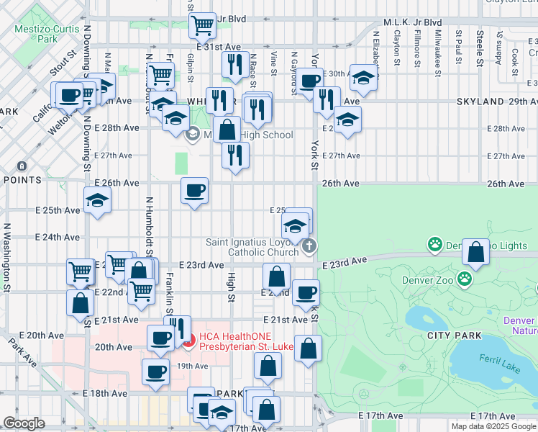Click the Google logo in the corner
[24, 423]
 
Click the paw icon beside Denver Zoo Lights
[435, 245]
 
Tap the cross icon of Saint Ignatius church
[309, 246]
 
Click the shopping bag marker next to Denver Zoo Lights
[475, 253]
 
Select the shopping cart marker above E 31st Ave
[203, 25]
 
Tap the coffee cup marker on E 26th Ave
[194, 191]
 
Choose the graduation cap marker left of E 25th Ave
[97, 201]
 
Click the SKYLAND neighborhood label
[480, 102]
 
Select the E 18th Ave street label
[105, 394]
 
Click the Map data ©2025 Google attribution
[493, 426]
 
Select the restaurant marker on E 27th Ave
[235, 156]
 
